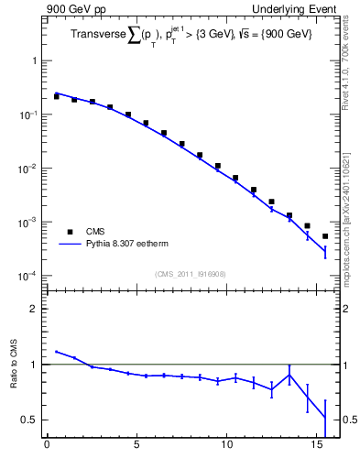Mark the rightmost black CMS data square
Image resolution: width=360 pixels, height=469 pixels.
325,236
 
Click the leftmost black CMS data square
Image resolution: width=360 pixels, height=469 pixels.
56,96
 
